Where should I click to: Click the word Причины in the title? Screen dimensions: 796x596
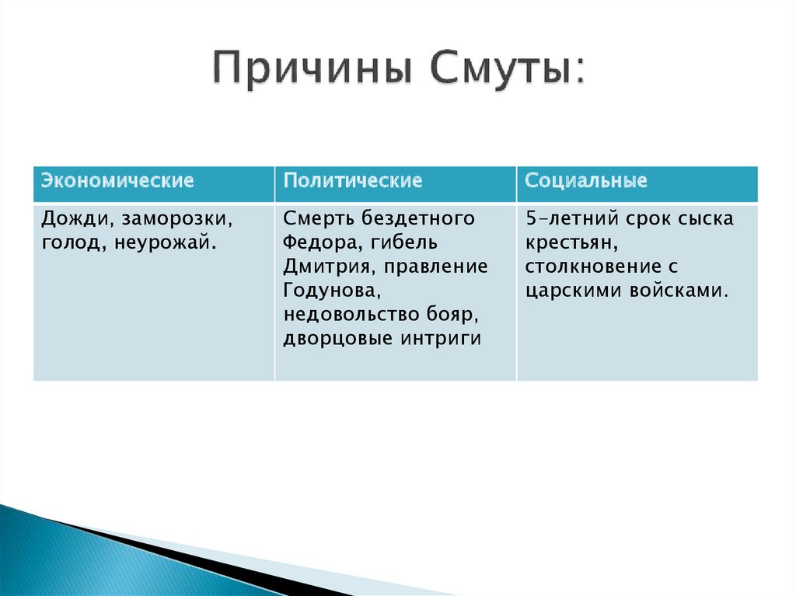(312, 68)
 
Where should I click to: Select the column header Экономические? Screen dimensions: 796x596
(118, 181)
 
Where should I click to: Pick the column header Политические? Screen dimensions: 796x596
(353, 181)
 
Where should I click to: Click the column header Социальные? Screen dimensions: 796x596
(586, 181)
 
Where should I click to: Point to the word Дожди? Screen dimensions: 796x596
(74, 219)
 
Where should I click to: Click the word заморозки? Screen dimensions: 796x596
(176, 219)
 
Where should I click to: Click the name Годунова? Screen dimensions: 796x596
(331, 291)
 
